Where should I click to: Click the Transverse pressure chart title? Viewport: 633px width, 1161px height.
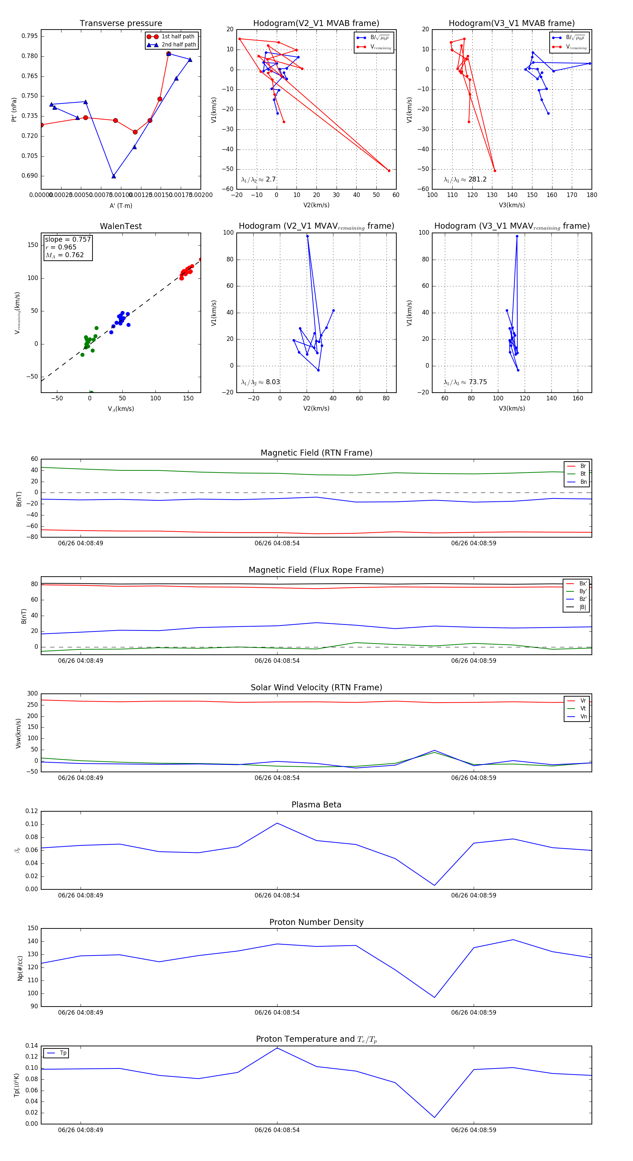pos(121,24)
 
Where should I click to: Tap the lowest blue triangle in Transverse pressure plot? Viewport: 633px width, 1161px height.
pos(114,176)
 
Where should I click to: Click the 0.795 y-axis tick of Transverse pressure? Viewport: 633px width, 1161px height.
pos(30,36)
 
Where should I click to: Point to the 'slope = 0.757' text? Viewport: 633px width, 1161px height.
pos(68,239)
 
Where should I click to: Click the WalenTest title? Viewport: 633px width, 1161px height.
pos(121,226)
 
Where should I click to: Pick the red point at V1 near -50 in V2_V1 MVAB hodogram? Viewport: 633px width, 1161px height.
pos(389,170)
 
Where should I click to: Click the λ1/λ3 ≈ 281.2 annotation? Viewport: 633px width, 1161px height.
pos(465,179)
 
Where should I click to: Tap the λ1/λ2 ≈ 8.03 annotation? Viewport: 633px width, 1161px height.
pos(260,382)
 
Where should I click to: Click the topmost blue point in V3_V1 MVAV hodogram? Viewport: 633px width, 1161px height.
pos(517,236)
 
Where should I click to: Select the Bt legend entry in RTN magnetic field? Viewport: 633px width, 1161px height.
pos(583,474)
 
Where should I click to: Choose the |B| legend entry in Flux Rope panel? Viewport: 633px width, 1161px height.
pos(582,607)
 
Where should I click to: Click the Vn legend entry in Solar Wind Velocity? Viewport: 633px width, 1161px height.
pos(583,717)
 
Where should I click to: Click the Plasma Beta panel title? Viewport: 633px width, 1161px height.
pos(316,805)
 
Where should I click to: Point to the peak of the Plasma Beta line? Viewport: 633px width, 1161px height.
pos(277,823)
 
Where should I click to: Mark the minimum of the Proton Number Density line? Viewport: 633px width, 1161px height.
pos(434,997)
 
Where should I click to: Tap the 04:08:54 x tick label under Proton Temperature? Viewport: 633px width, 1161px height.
pos(277,1130)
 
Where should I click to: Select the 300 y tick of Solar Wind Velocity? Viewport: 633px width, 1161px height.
pos(32,694)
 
